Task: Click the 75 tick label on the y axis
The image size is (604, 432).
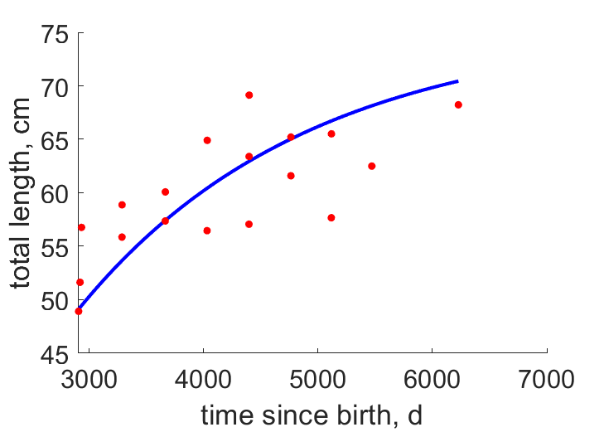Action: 55,35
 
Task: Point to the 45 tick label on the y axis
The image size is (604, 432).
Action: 55,355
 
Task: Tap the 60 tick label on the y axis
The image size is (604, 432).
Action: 55,195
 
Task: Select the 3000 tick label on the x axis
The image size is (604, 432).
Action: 89,379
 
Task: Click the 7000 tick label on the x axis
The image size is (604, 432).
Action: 547,379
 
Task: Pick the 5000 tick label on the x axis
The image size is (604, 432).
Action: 317,379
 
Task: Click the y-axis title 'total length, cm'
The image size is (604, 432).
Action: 20,193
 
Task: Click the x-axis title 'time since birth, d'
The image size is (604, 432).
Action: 312,415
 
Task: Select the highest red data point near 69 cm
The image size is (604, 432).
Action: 249,95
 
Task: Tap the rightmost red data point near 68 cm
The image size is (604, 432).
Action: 458,104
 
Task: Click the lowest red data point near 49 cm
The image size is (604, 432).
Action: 79,312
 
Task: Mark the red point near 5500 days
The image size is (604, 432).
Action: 372,166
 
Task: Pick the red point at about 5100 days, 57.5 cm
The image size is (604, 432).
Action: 331,218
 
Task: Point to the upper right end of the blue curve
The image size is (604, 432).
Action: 457,81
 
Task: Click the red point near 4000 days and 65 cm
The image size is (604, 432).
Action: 207,140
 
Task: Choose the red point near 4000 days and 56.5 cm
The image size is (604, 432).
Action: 207,231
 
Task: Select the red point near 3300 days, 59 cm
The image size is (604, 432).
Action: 122,205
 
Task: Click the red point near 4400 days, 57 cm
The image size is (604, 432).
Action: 249,224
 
